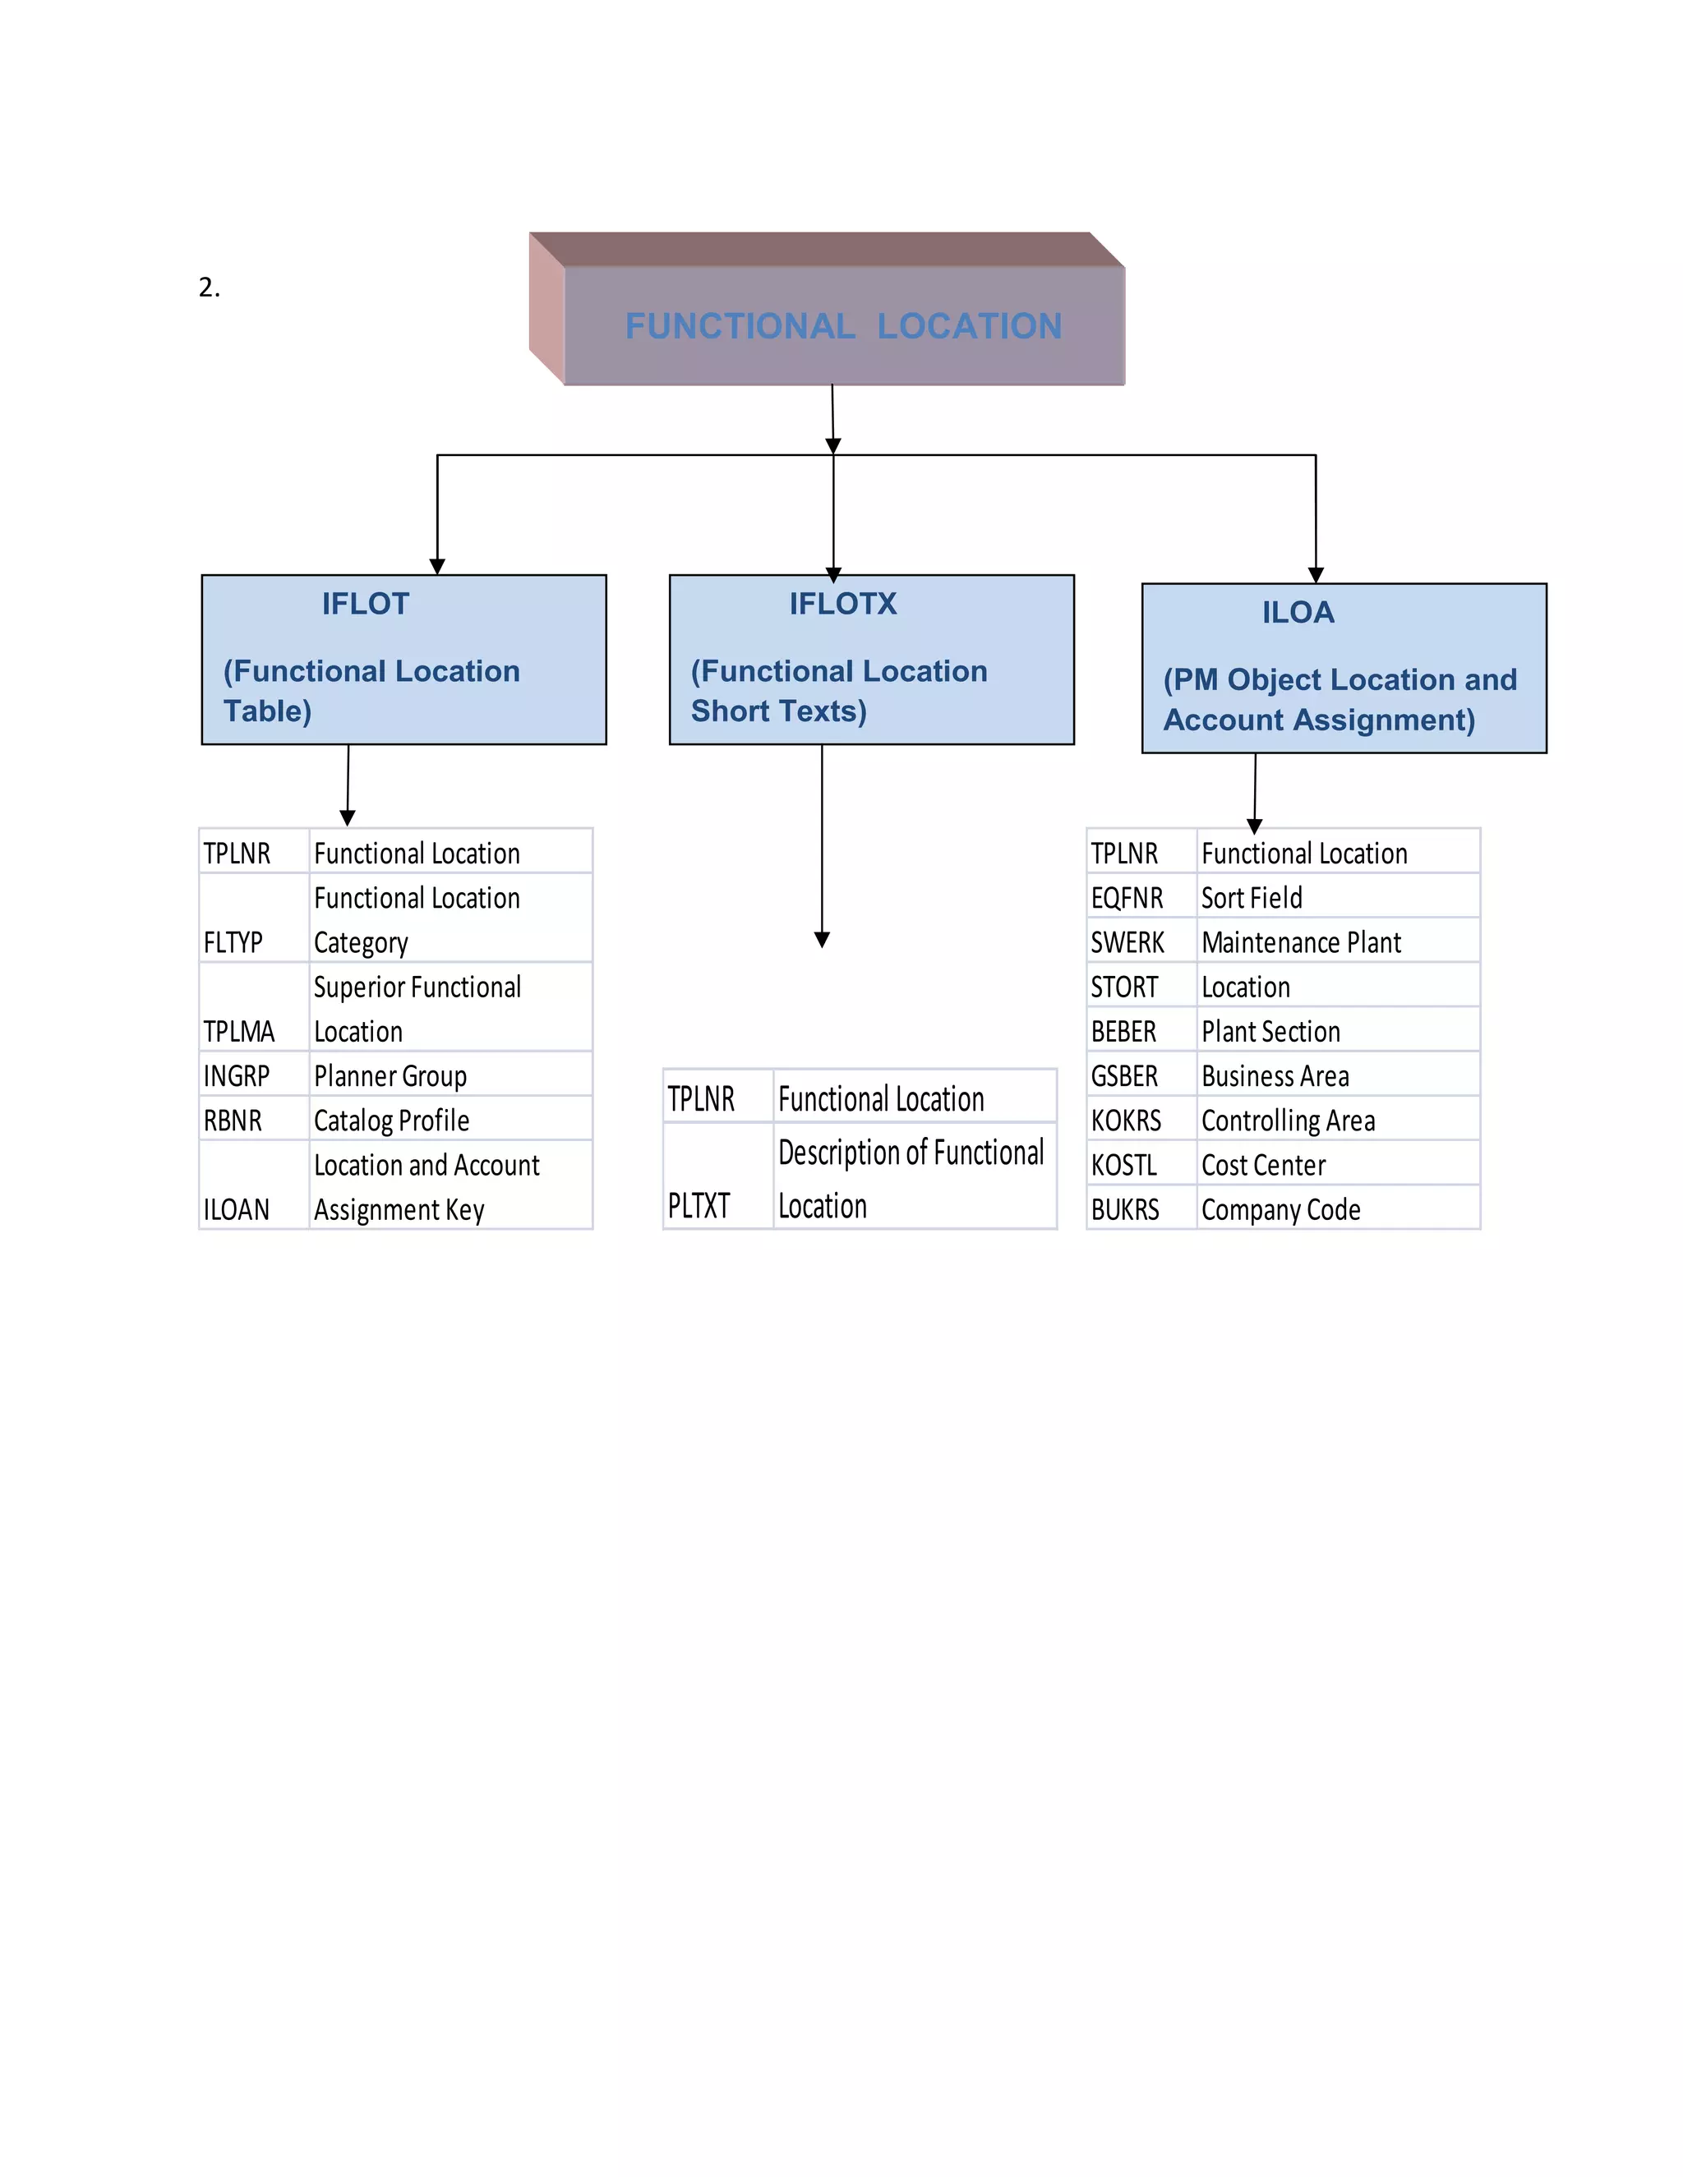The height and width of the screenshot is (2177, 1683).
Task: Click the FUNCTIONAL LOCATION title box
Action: pyautogui.click(x=842, y=325)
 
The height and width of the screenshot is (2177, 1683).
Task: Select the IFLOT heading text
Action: pyautogui.click(x=365, y=603)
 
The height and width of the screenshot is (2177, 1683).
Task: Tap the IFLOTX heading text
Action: pyautogui.click(x=842, y=603)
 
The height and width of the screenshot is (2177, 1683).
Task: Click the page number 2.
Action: pyautogui.click(x=209, y=288)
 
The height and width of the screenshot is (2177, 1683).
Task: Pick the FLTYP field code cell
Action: pyautogui.click(x=233, y=942)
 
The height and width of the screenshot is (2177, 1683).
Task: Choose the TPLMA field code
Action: pyautogui.click(x=238, y=1031)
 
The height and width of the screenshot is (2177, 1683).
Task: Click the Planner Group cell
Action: pyautogui.click(x=390, y=1075)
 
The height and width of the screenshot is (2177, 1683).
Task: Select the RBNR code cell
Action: pyautogui.click(x=233, y=1121)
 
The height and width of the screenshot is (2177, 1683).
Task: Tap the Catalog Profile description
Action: pyautogui.click(x=391, y=1121)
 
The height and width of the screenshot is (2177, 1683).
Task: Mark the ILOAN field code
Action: pyautogui.click(x=237, y=1209)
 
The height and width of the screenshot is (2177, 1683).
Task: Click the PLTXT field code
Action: pyautogui.click(x=699, y=1205)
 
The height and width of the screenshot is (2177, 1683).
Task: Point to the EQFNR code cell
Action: pyautogui.click(x=1127, y=898)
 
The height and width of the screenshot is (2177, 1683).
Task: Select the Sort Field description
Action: pyautogui.click(x=1252, y=898)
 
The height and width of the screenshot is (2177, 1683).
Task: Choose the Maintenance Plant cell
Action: pyautogui.click(x=1300, y=942)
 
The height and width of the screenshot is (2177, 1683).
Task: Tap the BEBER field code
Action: pyautogui.click(x=1123, y=1031)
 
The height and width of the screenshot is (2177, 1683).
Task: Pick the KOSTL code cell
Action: pyautogui.click(x=1123, y=1164)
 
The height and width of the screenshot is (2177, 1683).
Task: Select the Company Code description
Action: pyautogui.click(x=1280, y=1209)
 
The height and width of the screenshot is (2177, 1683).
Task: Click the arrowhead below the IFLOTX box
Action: pyautogui.click(x=822, y=939)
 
